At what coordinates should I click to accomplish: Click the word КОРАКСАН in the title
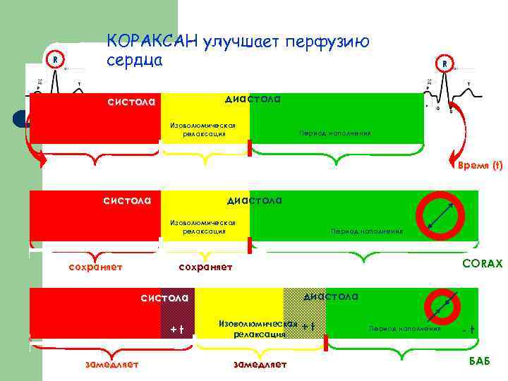click(152, 42)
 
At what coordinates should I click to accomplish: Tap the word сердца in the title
click(135, 60)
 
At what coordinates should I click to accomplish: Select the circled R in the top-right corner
click(445, 64)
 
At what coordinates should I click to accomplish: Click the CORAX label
click(482, 263)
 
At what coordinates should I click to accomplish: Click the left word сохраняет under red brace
click(95, 267)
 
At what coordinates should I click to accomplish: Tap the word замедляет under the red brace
click(111, 364)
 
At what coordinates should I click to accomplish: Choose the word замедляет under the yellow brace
click(260, 364)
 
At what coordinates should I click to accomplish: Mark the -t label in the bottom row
click(467, 330)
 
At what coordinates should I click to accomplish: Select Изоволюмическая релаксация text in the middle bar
click(202, 226)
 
